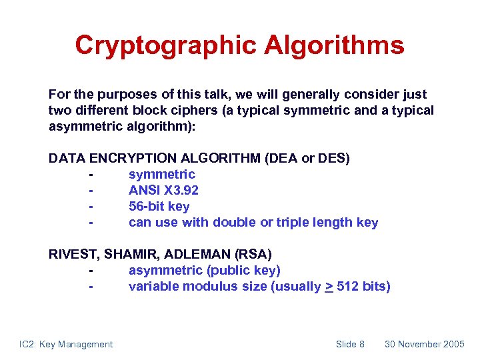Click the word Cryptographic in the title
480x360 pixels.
tap(166, 46)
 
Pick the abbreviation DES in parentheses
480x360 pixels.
tap(333, 159)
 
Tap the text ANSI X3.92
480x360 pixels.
tap(163, 191)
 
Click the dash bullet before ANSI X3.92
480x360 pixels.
tap(89, 191)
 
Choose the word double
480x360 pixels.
tap(237, 223)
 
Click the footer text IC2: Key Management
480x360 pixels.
tap(66, 344)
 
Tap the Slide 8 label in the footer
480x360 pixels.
tap(350, 344)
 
